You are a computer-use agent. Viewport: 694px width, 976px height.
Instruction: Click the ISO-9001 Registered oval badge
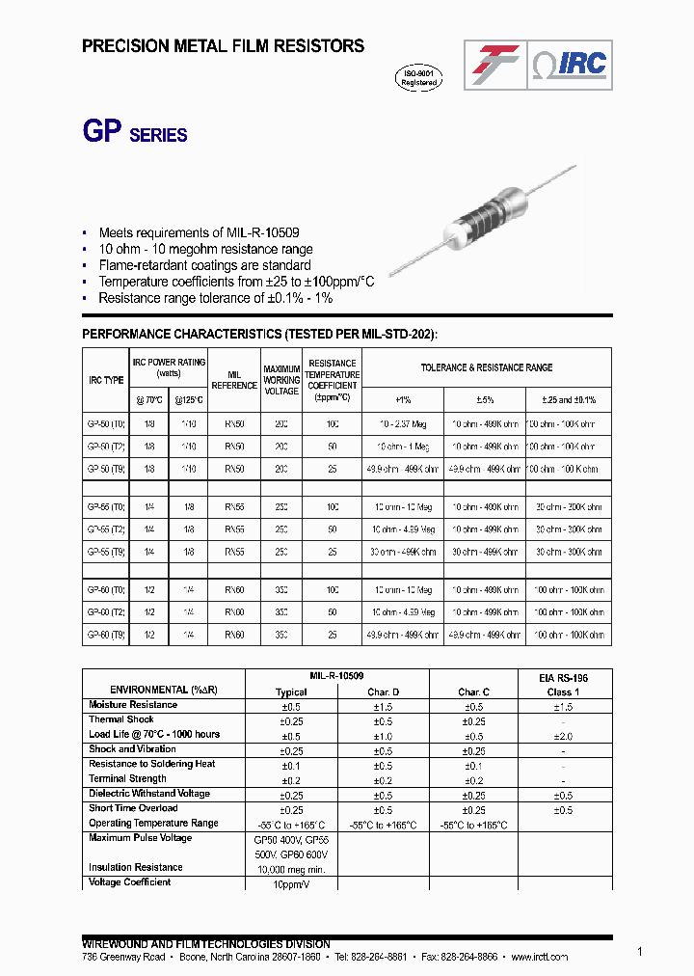[x=419, y=78]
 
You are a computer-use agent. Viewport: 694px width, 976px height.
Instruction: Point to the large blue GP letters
[x=103, y=132]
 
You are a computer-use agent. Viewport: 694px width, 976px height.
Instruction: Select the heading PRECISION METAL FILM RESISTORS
[x=223, y=45]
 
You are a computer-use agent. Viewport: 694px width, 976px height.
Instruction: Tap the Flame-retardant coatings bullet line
[x=204, y=265]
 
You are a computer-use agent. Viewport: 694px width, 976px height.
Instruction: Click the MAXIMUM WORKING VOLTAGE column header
[x=281, y=379]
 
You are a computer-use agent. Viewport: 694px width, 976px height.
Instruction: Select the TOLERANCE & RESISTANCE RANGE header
[x=487, y=367]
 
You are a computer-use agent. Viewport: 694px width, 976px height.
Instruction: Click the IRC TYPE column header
[x=106, y=380]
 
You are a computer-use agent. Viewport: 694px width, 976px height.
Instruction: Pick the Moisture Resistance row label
[x=133, y=705]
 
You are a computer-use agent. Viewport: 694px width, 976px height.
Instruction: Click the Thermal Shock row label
[x=120, y=719]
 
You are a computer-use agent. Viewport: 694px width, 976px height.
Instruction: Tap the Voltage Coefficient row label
[x=129, y=882]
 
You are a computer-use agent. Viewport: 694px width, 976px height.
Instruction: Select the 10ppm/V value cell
[x=291, y=883]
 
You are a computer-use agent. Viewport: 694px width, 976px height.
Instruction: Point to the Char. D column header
[x=383, y=692]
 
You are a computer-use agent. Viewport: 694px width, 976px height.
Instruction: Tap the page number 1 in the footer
[x=639, y=951]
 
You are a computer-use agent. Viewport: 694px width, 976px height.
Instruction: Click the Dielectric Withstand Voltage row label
[x=148, y=794]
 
